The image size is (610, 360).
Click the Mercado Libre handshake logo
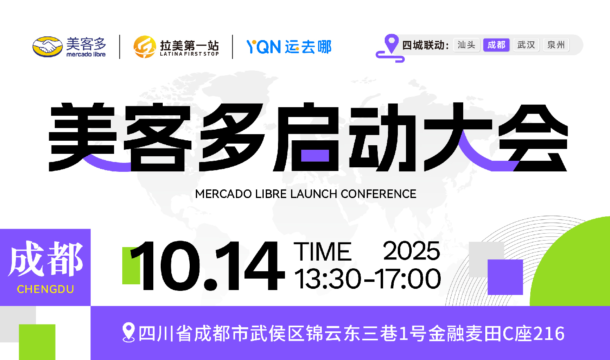[x=47, y=47]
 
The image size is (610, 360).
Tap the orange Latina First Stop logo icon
[x=144, y=47]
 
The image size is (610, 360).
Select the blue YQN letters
[x=263, y=47]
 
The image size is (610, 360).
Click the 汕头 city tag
[x=466, y=45]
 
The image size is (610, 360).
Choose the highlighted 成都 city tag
[x=496, y=45]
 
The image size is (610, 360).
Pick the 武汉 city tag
[x=526, y=45]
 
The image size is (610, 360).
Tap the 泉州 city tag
[x=556, y=45]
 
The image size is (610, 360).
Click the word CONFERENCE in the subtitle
[x=378, y=194]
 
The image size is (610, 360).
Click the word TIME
[x=323, y=252]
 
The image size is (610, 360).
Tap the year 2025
[x=411, y=251]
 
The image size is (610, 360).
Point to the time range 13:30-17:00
[x=368, y=279]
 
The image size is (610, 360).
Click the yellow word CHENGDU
[x=45, y=289]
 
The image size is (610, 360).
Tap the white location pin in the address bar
[x=128, y=333]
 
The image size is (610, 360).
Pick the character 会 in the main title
[x=533, y=138]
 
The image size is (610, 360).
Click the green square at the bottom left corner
[x=37, y=342]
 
